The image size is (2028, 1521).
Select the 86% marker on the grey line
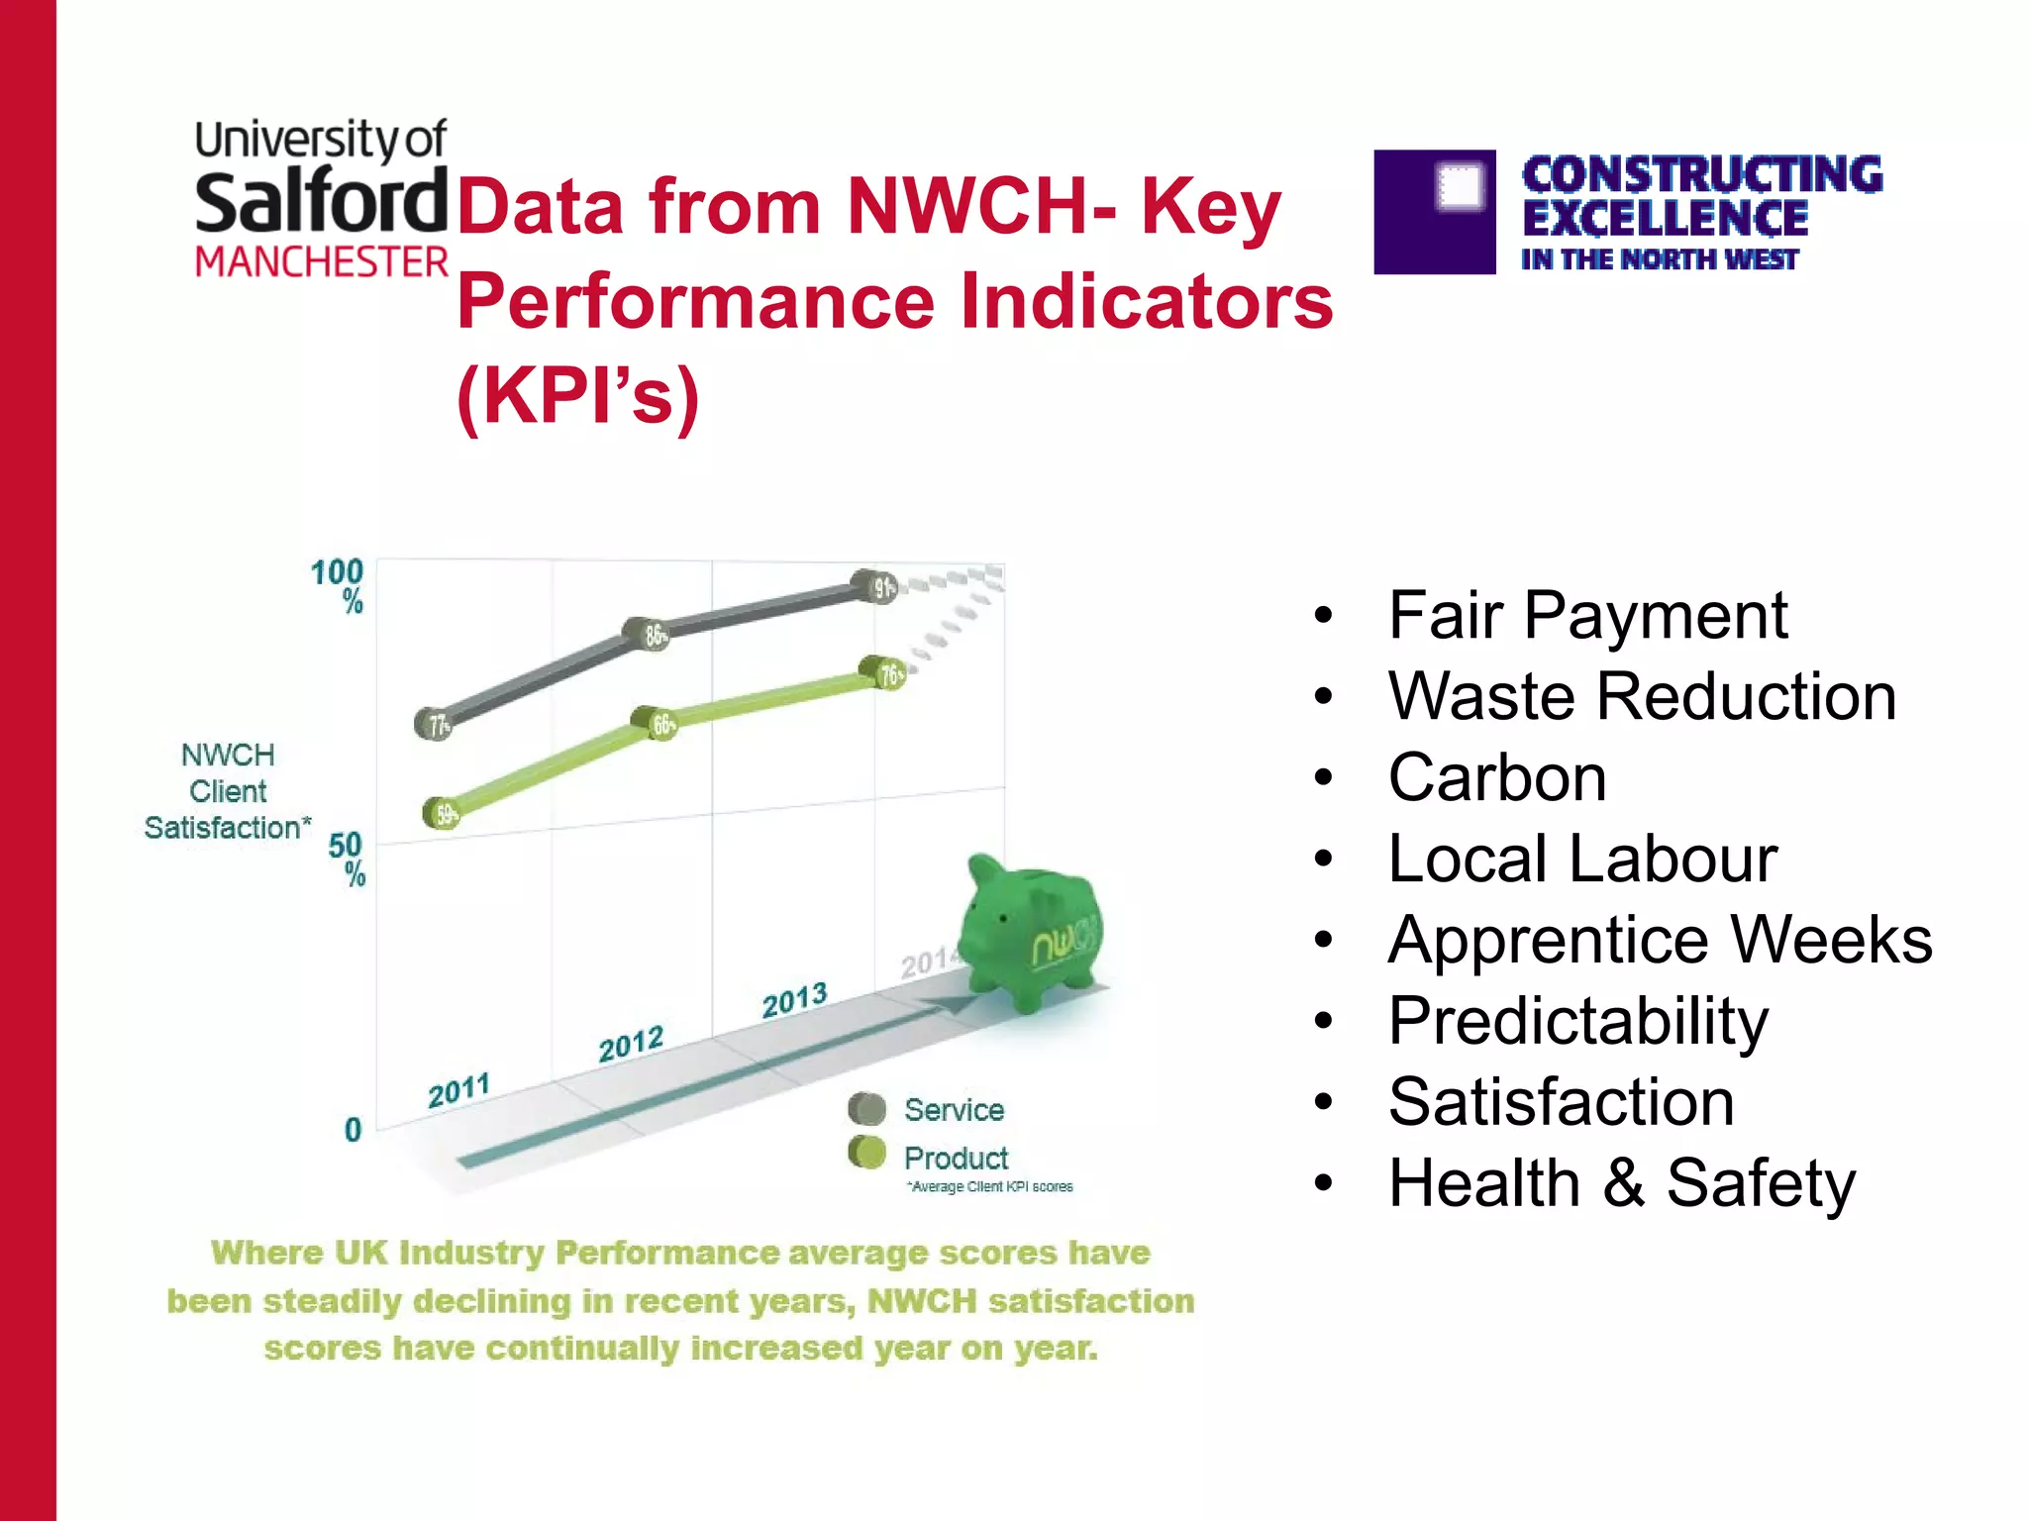click(649, 633)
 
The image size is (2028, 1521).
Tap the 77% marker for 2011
click(434, 725)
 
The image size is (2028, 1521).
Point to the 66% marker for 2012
click(658, 724)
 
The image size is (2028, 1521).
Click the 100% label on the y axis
click(339, 585)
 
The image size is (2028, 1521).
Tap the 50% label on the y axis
click(347, 859)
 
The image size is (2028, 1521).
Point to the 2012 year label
click(631, 1044)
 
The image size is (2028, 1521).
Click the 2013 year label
click(794, 1000)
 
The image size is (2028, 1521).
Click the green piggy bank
click(1030, 931)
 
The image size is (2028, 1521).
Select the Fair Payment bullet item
click(1586, 616)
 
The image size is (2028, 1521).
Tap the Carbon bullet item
click(1496, 778)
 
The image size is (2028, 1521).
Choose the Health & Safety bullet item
click(1621, 1183)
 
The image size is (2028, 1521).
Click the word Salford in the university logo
click(321, 202)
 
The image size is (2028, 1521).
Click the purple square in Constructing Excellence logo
click(1435, 212)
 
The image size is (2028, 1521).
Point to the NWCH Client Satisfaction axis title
click(228, 791)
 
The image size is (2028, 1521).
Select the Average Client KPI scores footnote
click(990, 1186)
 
